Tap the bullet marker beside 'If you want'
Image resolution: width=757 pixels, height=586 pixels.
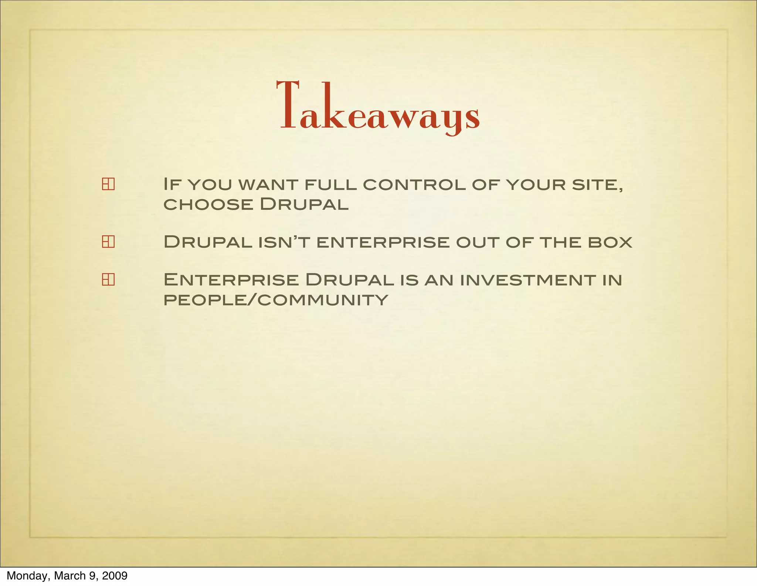pos(108,184)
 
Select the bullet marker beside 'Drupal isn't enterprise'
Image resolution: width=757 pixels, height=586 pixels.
pos(108,242)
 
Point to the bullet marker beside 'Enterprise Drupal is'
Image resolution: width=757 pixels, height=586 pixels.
pos(108,280)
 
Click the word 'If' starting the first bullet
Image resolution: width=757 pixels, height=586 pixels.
pos(172,184)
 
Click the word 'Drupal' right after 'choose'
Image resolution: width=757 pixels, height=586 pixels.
pos(304,204)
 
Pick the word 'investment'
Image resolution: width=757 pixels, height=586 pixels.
pos(529,280)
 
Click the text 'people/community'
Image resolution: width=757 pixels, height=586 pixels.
pos(276,299)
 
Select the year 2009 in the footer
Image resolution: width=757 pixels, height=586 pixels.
pos(115,576)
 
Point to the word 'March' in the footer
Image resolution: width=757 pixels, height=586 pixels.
pos(70,576)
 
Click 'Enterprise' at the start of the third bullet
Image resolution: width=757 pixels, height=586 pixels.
pos(231,280)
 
